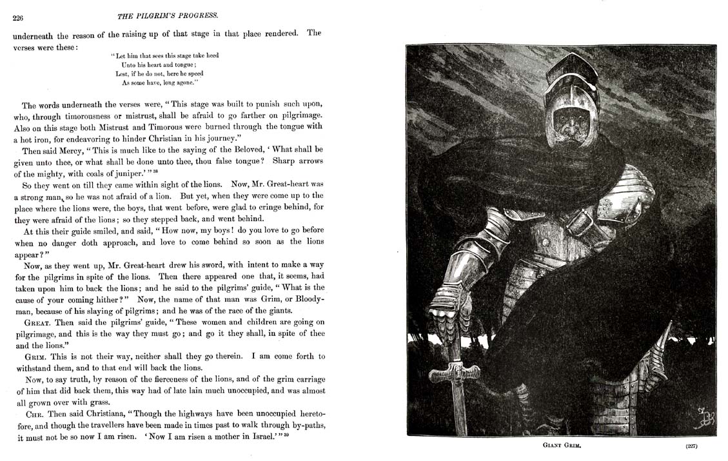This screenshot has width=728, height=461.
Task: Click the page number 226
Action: [18, 18]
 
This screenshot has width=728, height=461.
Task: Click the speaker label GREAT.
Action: [38, 322]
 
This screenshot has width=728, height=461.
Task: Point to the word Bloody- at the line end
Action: [308, 299]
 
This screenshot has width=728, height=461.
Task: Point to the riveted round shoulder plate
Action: [608, 207]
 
